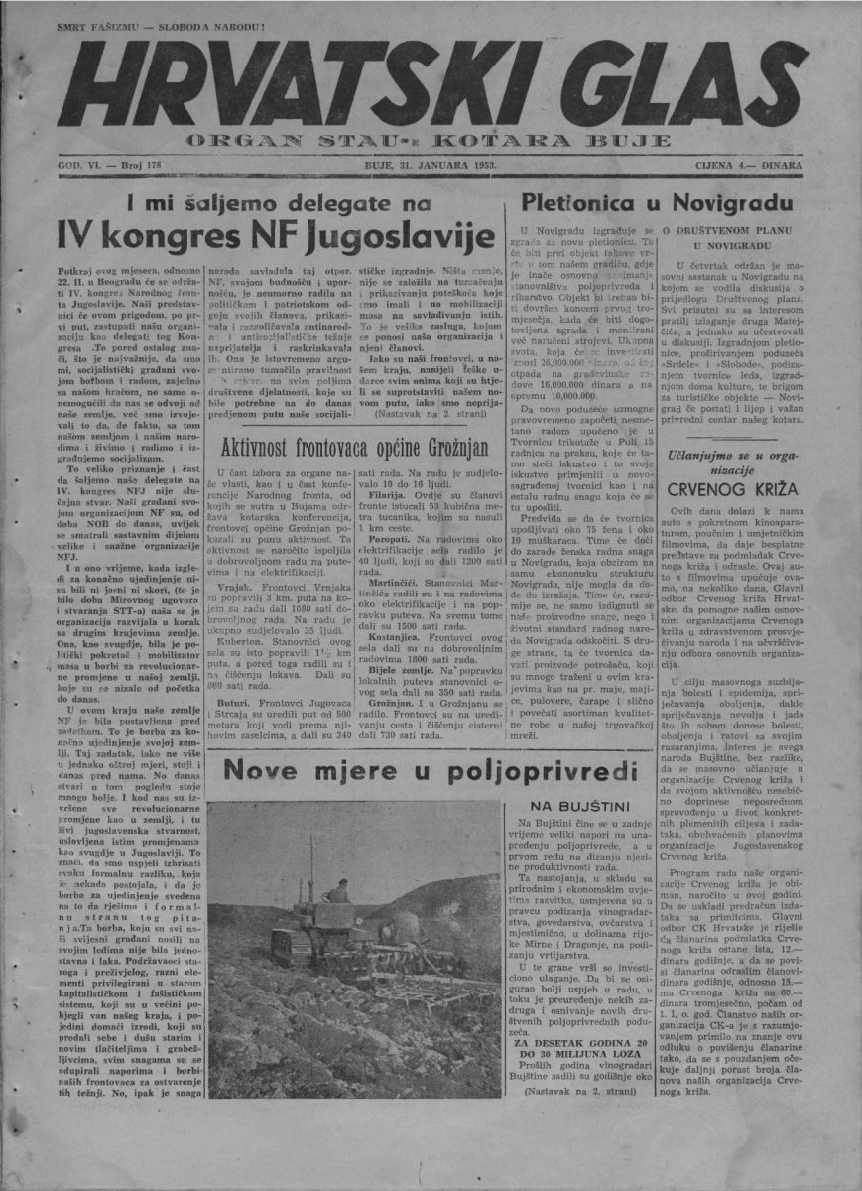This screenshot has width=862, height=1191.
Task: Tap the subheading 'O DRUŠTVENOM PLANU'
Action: tap(733, 230)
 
